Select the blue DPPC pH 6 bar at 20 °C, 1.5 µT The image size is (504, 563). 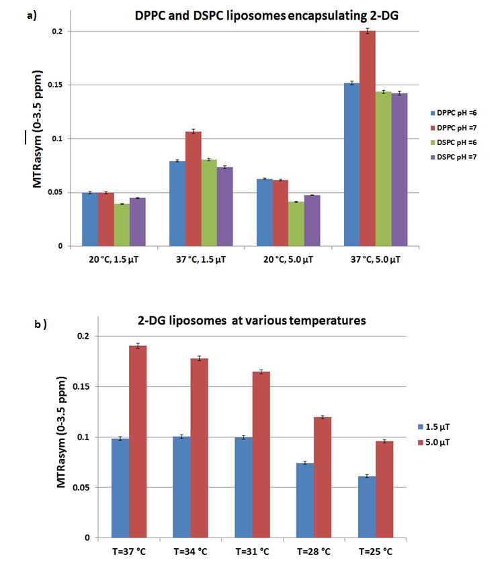tap(89, 219)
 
